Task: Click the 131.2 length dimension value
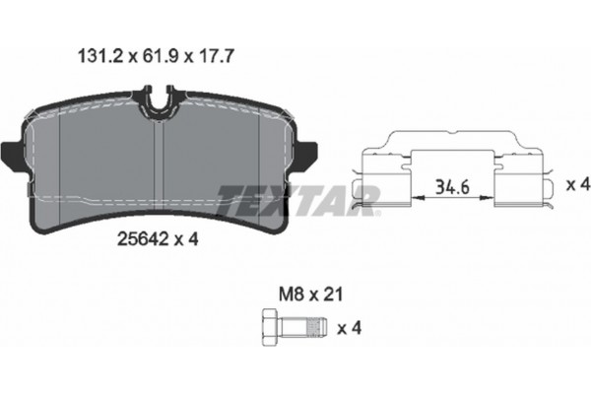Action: coord(100,56)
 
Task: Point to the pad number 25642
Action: coord(143,238)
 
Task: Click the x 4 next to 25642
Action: coord(186,238)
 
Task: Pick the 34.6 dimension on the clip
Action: coord(452,187)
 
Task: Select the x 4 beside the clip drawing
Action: coord(578,185)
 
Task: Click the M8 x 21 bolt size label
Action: coord(311,295)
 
